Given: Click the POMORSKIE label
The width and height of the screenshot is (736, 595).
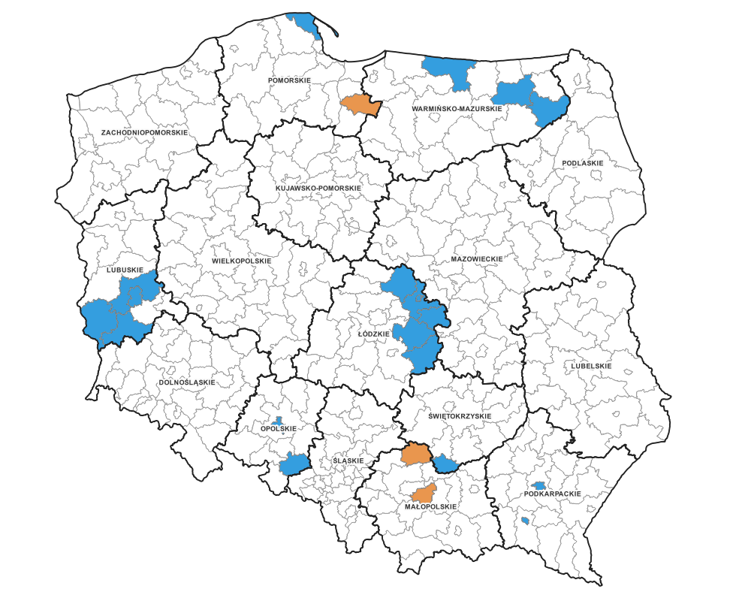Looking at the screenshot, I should (289, 80).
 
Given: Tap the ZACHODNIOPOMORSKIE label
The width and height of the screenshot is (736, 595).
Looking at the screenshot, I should (144, 132).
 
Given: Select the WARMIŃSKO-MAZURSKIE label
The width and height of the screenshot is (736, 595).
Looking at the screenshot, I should (457, 109).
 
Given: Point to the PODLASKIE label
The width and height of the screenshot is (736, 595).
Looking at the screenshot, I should (583, 163).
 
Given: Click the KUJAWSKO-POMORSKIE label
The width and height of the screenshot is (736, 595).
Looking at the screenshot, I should (318, 188).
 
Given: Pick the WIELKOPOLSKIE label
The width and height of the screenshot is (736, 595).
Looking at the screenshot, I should (241, 261).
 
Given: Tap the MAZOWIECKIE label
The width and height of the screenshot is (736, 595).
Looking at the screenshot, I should (476, 258).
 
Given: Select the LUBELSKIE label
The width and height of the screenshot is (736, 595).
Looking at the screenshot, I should (591, 366).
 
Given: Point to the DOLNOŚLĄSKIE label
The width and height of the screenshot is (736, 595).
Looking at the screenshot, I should (187, 382).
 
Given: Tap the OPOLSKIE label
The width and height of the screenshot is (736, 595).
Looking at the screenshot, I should (279, 429).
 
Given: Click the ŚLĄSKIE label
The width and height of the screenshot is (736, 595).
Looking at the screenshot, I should (348, 461).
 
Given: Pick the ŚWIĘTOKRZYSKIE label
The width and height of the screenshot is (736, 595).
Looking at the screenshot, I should (460, 416).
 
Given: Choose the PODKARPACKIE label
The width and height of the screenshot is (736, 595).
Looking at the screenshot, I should (553, 494).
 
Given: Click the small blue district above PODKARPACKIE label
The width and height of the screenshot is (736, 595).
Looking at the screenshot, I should (538, 486).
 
